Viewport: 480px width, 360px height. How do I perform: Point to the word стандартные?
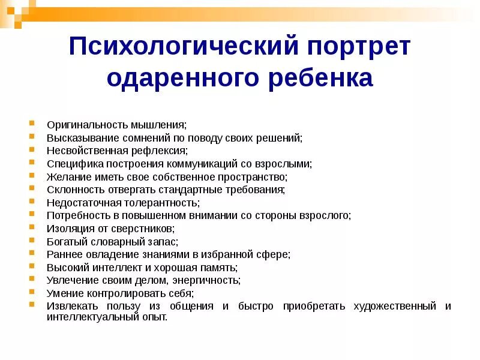[x=195, y=189]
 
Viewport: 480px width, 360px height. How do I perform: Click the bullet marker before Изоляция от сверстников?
[x=32, y=228]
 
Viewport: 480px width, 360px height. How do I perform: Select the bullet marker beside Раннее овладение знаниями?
[x=32, y=254]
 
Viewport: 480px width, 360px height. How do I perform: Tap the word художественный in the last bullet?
[x=394, y=306]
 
